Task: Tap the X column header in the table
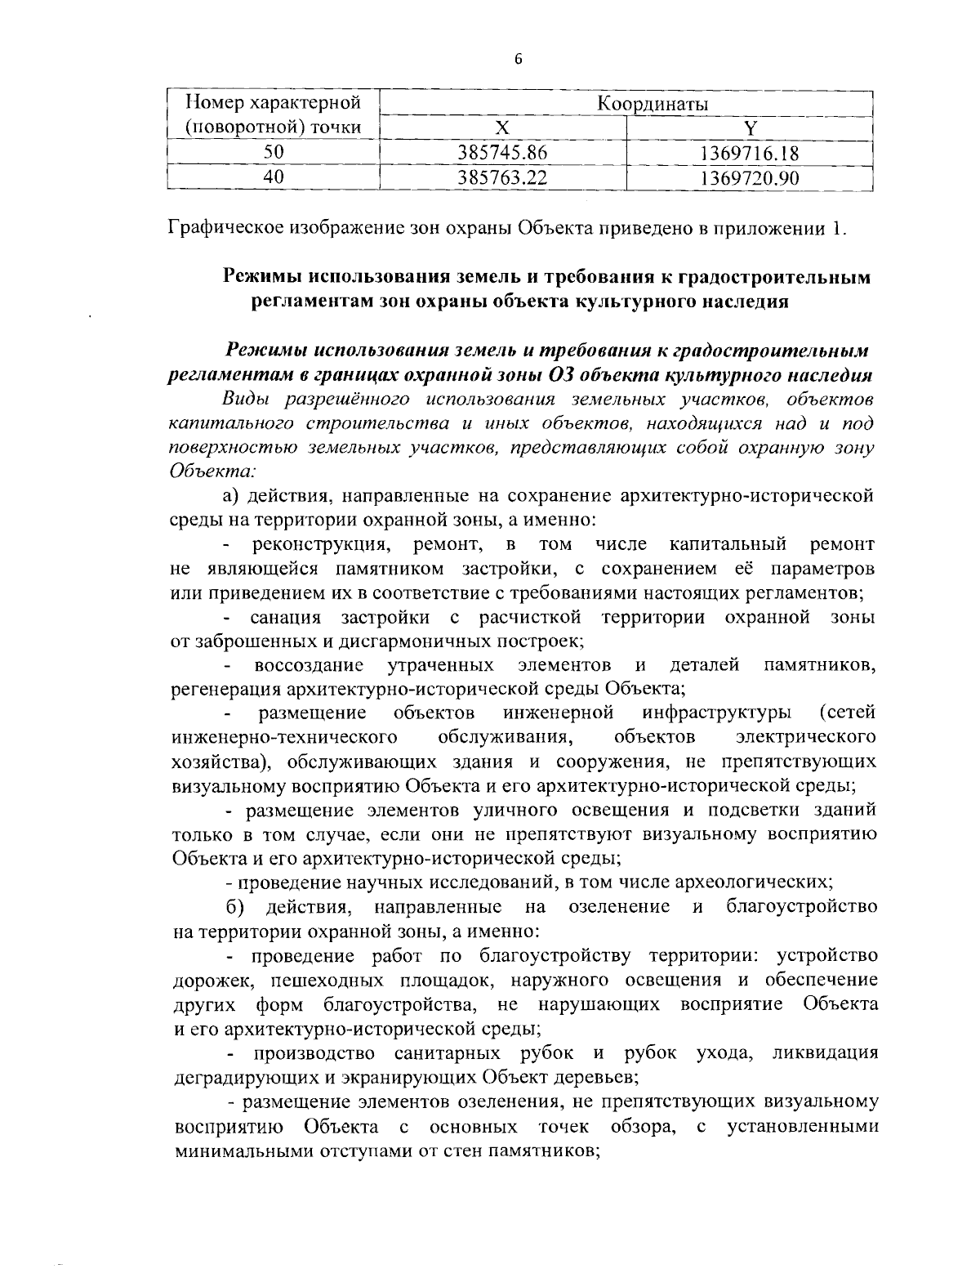tap(503, 127)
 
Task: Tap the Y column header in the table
tap(750, 127)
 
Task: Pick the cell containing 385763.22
tap(503, 177)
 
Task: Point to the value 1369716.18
tap(750, 153)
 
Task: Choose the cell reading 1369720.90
tap(750, 177)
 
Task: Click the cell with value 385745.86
tap(503, 153)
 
